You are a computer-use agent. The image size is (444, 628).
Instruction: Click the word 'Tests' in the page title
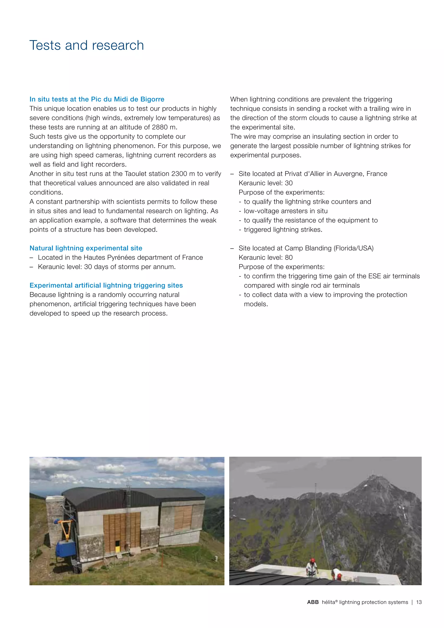tap(45, 45)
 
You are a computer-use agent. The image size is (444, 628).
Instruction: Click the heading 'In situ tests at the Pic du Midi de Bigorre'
tap(97, 99)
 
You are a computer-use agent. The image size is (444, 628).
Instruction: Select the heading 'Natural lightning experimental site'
tap(86, 248)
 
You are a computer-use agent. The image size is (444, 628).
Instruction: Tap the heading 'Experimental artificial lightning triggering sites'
tap(106, 285)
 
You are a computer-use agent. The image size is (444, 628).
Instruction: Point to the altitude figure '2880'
tap(160, 127)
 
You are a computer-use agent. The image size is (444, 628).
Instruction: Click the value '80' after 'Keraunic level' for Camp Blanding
tap(289, 257)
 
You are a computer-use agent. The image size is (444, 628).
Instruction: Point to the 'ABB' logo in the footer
tap(313, 602)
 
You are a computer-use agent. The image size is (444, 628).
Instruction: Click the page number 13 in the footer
tap(419, 602)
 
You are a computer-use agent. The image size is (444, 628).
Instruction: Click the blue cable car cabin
tap(66, 548)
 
